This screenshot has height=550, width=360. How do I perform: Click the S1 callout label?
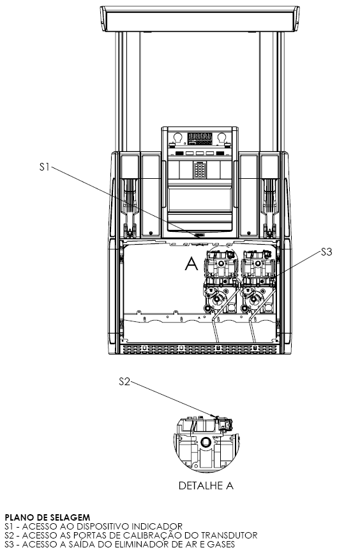coord(45,167)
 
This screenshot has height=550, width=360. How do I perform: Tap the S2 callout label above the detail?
coord(124,381)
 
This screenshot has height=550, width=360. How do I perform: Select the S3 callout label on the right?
coord(326,252)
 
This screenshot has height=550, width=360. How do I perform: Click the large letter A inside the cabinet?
coord(191,264)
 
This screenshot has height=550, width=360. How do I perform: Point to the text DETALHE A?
coord(206,485)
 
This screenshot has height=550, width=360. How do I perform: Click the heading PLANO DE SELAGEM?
coord(47,517)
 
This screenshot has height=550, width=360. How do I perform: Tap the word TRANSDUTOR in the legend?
coord(229,535)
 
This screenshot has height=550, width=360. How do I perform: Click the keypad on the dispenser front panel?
coord(199,170)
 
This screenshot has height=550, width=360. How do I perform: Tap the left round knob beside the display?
coord(177,137)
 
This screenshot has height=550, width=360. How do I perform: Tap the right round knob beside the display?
coord(221,137)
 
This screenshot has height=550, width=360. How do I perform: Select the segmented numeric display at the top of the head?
coord(200,138)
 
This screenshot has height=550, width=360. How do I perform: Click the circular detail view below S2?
coord(206,443)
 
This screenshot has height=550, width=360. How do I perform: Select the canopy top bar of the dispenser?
coord(200,19)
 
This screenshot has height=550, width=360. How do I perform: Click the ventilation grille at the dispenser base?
coord(199,349)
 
